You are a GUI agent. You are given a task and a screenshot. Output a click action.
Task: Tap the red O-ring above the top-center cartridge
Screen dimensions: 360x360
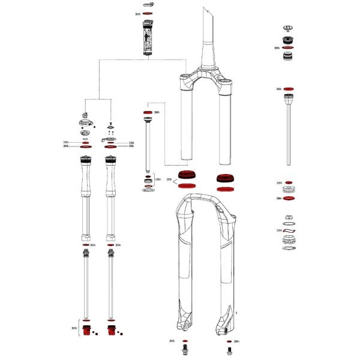[148, 13]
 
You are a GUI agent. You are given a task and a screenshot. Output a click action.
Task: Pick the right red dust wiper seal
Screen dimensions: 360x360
[226, 178]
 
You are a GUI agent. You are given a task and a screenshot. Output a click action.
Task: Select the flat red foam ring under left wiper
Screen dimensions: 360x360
[187, 187]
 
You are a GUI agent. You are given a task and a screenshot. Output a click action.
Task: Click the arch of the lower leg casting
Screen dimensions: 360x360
[204, 198]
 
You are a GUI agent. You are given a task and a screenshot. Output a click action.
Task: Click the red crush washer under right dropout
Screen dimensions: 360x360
[228, 341]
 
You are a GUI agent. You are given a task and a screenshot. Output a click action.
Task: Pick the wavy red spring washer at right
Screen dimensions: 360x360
[289, 230]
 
